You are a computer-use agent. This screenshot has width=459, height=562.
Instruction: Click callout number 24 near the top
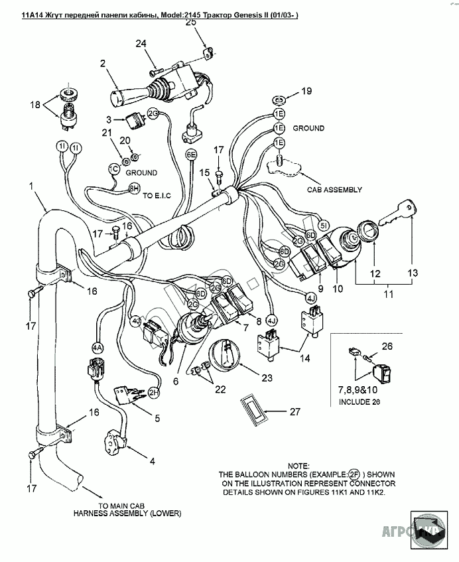141,44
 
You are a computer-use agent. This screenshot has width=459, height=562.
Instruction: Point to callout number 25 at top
192,23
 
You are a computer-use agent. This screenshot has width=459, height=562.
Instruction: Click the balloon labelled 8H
133,188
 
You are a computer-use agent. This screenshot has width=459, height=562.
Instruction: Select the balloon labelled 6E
191,155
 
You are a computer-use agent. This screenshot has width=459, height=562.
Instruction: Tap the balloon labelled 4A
98,347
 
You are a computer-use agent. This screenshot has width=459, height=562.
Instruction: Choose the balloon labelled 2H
154,392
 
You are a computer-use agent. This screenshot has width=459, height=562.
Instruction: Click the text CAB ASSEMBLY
334,189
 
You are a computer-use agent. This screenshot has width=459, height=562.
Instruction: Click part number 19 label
306,91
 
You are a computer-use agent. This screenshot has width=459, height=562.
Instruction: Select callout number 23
266,378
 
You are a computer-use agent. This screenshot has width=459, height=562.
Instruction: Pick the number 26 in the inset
387,346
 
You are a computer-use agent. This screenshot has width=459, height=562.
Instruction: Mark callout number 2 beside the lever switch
103,64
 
